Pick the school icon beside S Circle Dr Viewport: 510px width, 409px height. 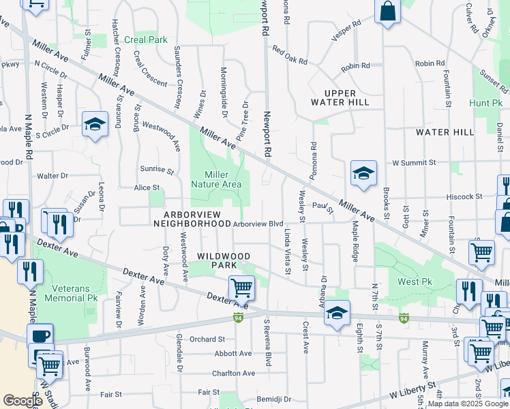(95, 124)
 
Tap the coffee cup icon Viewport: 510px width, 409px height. (40, 335)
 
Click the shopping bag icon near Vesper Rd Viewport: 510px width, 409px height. (387, 11)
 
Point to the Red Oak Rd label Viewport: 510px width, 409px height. (290, 55)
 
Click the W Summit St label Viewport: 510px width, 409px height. (414, 163)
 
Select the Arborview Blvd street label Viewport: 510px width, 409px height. (258, 223)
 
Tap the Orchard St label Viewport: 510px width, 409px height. (207, 339)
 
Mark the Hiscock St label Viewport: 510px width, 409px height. (464, 196)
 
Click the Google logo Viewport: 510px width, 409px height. (22, 402)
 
